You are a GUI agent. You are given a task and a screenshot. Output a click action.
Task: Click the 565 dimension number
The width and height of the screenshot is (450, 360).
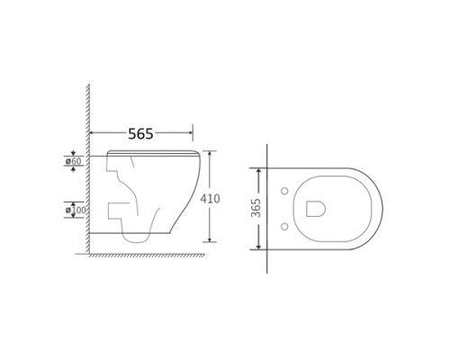[x=140, y=134]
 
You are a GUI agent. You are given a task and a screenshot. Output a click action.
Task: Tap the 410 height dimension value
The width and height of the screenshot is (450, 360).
[x=210, y=199]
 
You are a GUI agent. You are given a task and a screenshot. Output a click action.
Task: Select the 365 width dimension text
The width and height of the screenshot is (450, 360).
[x=256, y=208]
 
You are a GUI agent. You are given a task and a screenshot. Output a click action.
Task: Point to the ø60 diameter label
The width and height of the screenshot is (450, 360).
[x=74, y=161]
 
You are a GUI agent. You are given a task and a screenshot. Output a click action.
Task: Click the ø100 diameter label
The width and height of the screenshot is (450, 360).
[x=76, y=210]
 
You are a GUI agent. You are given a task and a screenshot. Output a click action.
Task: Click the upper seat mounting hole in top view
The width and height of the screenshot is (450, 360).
[x=284, y=191]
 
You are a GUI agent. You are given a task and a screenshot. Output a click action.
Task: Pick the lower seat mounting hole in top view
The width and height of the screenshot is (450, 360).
[x=284, y=227]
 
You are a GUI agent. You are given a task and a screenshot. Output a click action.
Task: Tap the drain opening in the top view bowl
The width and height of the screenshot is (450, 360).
[x=316, y=209]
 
